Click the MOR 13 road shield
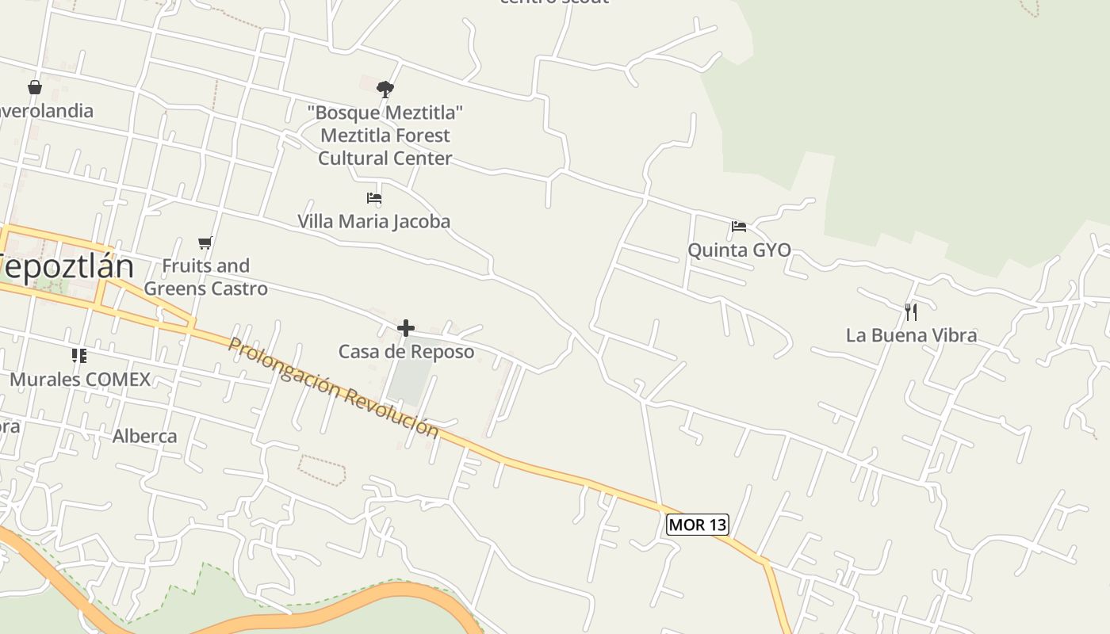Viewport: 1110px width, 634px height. [697, 525]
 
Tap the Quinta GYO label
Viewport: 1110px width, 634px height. [739, 250]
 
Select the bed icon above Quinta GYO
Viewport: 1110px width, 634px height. [739, 227]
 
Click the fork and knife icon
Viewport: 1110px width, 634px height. [911, 311]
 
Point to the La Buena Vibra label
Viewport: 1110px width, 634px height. [911, 335]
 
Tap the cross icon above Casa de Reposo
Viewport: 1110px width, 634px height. [406, 327]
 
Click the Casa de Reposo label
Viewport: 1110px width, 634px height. [406, 351]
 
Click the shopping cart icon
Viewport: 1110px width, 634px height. [205, 243]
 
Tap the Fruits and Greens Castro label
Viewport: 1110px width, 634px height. [205, 277]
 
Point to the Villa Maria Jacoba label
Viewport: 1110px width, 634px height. [373, 221]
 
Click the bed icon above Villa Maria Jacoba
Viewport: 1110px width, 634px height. [374, 198]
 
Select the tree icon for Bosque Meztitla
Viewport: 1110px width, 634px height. [385, 89]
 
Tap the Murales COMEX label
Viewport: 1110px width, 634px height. [79, 379]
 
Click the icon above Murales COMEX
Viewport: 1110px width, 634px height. [78, 356]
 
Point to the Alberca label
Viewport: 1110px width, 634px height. [145, 436]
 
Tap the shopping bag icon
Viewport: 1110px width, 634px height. [35, 86]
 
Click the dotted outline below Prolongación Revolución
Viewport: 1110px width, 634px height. [322, 471]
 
